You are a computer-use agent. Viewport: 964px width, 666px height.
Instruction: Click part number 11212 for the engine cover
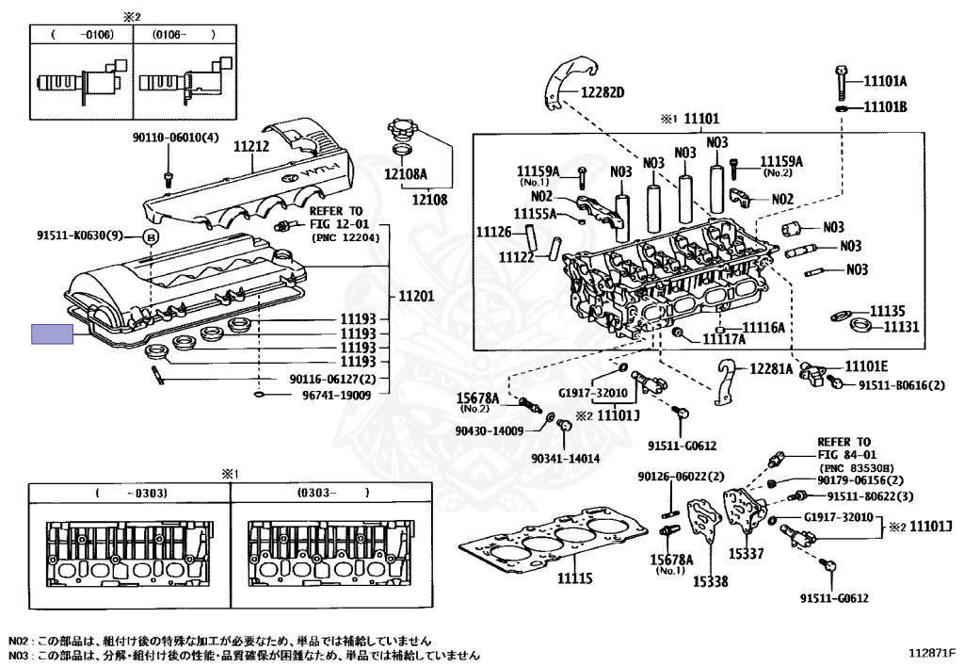click(250, 147)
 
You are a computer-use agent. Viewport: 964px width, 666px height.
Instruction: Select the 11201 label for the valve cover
click(416, 296)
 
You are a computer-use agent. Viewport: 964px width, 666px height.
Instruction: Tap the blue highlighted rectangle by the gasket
click(53, 333)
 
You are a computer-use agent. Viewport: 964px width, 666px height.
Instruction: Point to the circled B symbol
click(152, 236)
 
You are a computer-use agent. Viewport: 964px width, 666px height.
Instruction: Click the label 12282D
click(602, 93)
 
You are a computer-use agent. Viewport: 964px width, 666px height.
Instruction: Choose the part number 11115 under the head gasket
click(575, 578)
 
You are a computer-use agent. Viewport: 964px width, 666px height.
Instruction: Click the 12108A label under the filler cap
click(406, 174)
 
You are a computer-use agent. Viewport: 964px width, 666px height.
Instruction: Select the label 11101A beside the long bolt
click(885, 81)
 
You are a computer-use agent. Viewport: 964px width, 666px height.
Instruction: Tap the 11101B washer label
click(885, 107)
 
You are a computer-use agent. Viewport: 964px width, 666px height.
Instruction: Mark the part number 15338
click(711, 581)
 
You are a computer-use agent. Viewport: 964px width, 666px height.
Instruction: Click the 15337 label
click(747, 554)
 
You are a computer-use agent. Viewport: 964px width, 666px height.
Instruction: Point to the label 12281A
click(771, 368)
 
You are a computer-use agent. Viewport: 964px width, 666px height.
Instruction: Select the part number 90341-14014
click(566, 458)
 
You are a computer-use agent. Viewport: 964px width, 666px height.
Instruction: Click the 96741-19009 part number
click(337, 395)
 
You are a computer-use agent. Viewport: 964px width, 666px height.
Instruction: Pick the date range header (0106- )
click(185, 35)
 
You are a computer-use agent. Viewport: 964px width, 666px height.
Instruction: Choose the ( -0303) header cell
click(131, 493)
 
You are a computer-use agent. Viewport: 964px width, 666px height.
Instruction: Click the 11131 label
click(901, 327)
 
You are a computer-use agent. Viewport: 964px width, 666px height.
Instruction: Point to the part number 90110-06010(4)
click(176, 138)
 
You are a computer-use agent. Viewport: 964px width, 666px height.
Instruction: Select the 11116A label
click(763, 328)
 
